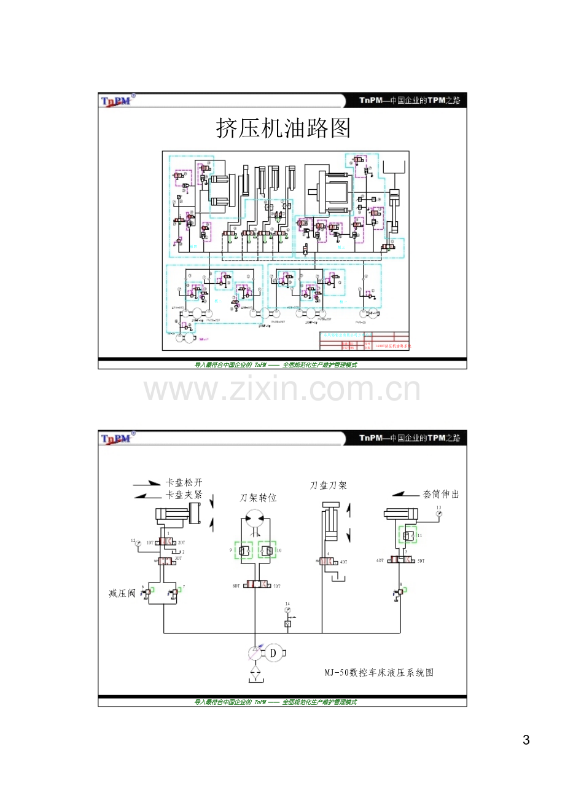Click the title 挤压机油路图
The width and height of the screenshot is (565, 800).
point(283,129)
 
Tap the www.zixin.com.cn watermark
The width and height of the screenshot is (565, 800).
point(282,390)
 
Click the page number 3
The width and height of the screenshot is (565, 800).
point(526,740)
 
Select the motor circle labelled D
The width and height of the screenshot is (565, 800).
point(274,653)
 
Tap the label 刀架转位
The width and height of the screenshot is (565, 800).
point(258,498)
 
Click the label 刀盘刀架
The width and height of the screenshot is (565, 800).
point(329,485)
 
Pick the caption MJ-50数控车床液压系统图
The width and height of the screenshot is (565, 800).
point(379,673)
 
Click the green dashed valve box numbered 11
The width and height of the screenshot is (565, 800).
point(407,535)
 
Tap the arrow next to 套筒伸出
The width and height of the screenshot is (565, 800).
point(405,493)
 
